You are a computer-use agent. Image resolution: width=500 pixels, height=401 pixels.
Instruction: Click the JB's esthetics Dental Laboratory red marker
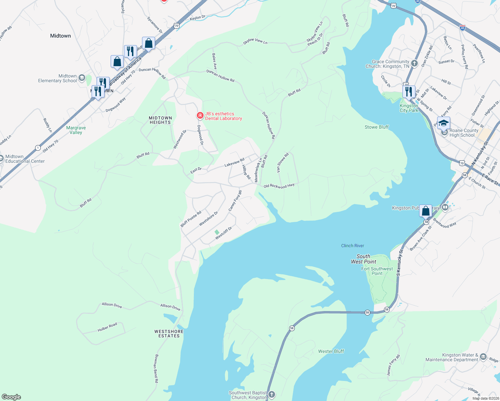(200, 116)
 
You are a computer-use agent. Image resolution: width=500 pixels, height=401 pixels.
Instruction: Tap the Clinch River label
(353, 246)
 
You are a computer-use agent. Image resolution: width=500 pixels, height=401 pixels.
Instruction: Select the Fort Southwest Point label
(377, 271)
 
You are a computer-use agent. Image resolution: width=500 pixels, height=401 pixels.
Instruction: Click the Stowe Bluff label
(377, 127)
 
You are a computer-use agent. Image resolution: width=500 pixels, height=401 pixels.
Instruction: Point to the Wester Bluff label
(331, 351)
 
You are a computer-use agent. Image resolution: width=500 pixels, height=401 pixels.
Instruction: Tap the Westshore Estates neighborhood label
(169, 333)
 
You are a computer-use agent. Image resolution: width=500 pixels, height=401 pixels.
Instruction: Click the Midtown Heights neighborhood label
(160, 120)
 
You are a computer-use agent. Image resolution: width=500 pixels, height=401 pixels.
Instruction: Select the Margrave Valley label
(76, 130)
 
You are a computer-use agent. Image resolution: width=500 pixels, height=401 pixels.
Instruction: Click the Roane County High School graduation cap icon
(444, 123)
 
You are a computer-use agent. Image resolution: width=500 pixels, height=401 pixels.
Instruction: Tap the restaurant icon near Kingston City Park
(409, 91)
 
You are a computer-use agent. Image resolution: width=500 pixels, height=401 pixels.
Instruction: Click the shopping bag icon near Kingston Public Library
(425, 211)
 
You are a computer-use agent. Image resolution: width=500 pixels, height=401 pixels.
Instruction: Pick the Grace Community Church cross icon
(414, 63)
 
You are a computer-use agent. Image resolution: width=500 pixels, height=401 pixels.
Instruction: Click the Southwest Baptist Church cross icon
(272, 395)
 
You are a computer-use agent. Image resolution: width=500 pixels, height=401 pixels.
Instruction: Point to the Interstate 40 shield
(463, 28)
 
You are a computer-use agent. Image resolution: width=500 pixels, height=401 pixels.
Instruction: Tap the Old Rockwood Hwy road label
(279, 186)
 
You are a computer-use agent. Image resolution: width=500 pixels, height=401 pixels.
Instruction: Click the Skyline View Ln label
(255, 41)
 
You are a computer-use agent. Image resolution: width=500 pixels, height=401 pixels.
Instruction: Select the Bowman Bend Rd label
(156, 368)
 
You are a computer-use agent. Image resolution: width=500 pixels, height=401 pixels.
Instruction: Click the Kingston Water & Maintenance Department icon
(483, 357)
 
